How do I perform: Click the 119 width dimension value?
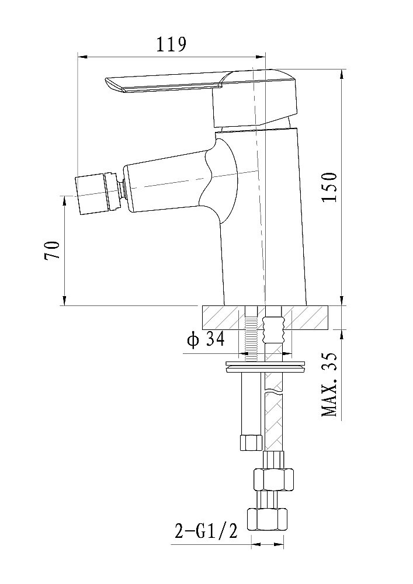[x=171, y=44]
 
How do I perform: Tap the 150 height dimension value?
[x=329, y=187]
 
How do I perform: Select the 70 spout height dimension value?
[x=53, y=251]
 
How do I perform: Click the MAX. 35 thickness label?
[x=329, y=384]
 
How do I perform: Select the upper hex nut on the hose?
[x=273, y=479]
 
